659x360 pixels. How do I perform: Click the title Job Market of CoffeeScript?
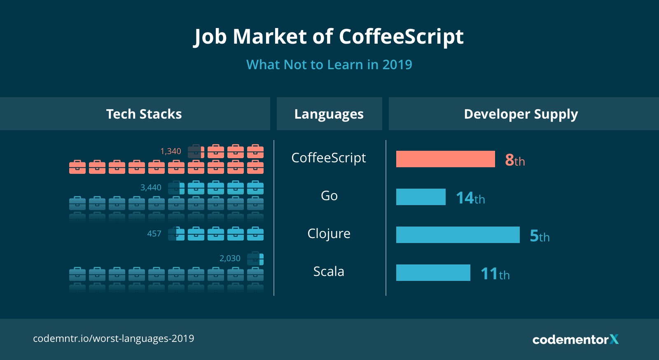click(329, 37)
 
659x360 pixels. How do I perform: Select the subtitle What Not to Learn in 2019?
click(329, 65)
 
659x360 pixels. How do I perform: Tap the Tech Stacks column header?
click(144, 114)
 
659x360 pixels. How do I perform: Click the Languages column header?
click(329, 114)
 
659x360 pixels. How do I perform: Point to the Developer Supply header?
click(521, 114)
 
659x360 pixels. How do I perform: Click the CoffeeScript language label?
click(329, 158)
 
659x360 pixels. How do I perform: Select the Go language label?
click(329, 196)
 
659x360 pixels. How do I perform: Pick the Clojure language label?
click(329, 234)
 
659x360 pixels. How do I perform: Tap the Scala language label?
click(329, 271)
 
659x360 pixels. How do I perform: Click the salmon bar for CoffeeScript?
click(445, 159)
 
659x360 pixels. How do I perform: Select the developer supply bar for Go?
click(421, 197)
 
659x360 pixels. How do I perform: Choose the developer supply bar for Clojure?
click(458, 235)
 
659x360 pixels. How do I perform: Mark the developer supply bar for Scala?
click(433, 273)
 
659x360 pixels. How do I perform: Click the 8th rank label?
click(515, 160)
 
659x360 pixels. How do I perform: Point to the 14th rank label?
click(470, 198)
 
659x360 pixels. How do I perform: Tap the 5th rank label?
click(540, 236)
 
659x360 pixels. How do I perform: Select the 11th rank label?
click(495, 274)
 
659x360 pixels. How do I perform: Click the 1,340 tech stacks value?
click(171, 151)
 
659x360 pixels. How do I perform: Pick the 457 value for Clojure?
click(154, 234)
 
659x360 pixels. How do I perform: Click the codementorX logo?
click(575, 339)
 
